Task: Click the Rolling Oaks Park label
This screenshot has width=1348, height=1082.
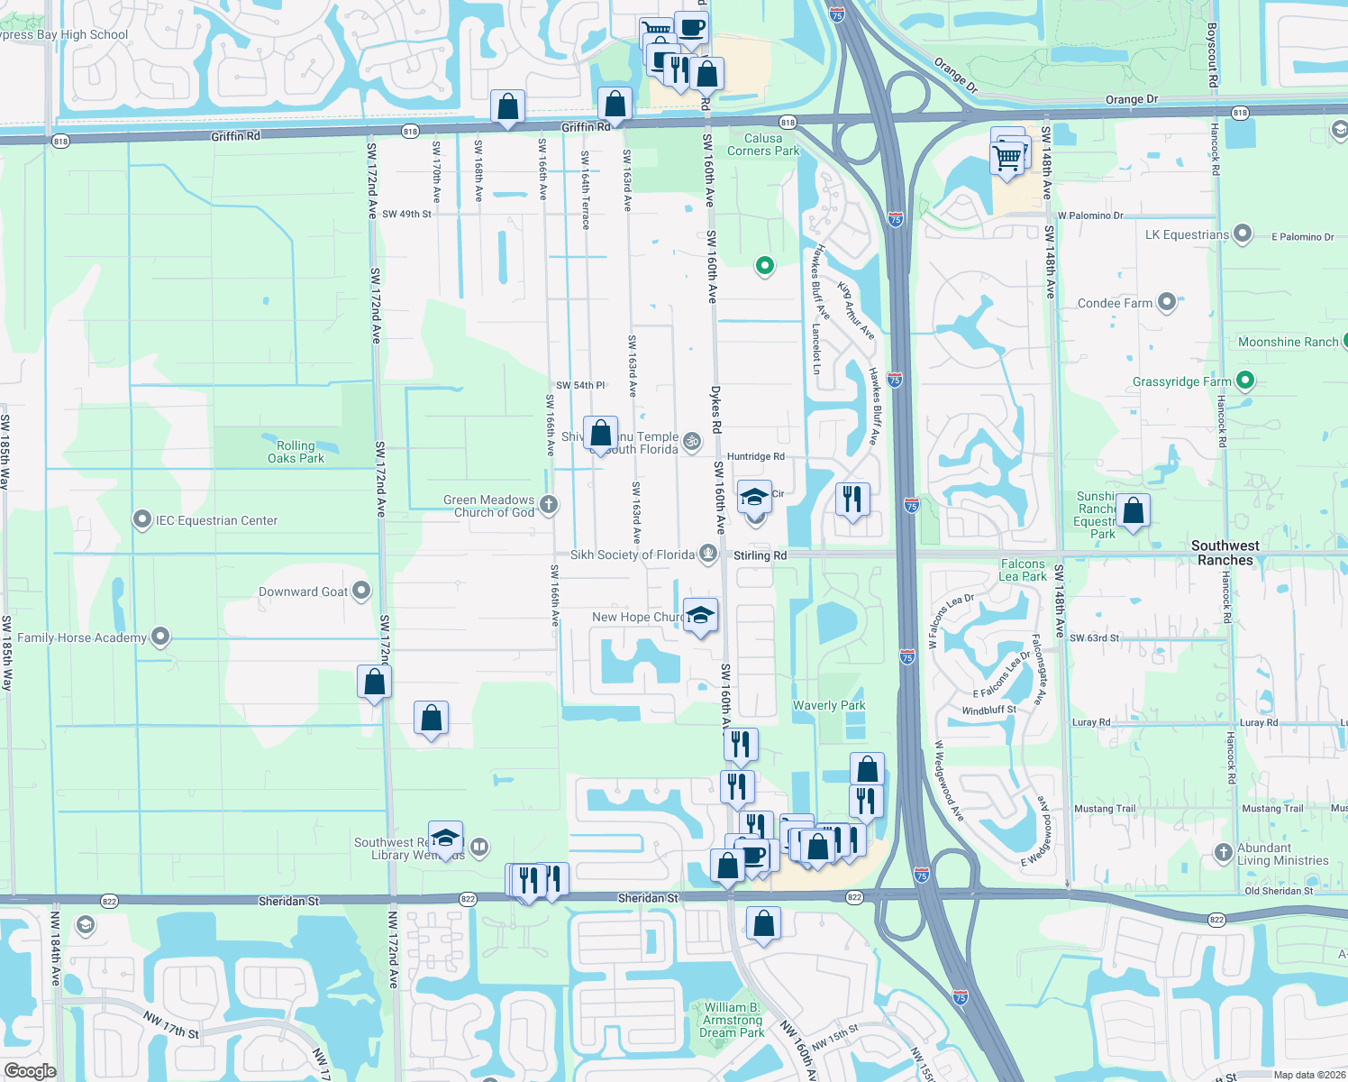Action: coord(296,452)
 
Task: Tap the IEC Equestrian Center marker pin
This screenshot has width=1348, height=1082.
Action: coord(141,519)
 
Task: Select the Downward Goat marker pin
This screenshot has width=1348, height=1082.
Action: coord(361,591)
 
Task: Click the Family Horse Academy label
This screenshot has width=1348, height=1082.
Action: coord(82,637)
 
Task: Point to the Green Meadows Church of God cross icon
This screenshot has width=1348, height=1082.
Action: coord(549,505)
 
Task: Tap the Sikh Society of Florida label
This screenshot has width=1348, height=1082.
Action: coord(633,555)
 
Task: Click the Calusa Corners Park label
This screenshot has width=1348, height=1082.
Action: coord(763,144)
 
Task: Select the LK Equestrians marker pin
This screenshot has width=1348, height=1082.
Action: coord(1243,234)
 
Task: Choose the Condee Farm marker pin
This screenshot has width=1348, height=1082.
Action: coord(1167,302)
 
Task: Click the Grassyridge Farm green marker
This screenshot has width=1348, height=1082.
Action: coord(1245,381)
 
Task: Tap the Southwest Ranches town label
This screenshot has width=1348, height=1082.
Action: coord(1225,553)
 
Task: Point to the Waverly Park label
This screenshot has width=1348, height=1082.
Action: coord(829,705)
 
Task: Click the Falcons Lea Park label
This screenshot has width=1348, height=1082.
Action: coord(1023,570)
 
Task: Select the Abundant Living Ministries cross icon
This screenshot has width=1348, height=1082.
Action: coord(1223,852)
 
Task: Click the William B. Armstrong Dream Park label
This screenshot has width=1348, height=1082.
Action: coord(732,1020)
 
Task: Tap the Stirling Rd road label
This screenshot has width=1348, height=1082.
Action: coord(760,555)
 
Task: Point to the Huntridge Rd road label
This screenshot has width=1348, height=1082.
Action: coord(755,456)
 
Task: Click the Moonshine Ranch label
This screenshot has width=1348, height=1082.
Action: coord(1288,342)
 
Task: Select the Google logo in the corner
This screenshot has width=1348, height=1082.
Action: coord(30,1071)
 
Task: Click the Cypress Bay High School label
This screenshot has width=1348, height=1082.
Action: coord(64,34)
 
